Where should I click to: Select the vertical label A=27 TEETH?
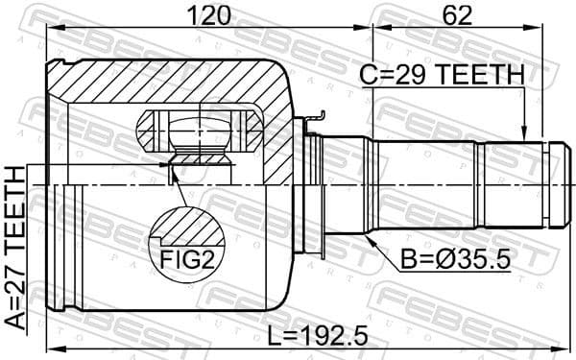(15, 247)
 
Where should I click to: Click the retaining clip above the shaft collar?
(313, 120)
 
